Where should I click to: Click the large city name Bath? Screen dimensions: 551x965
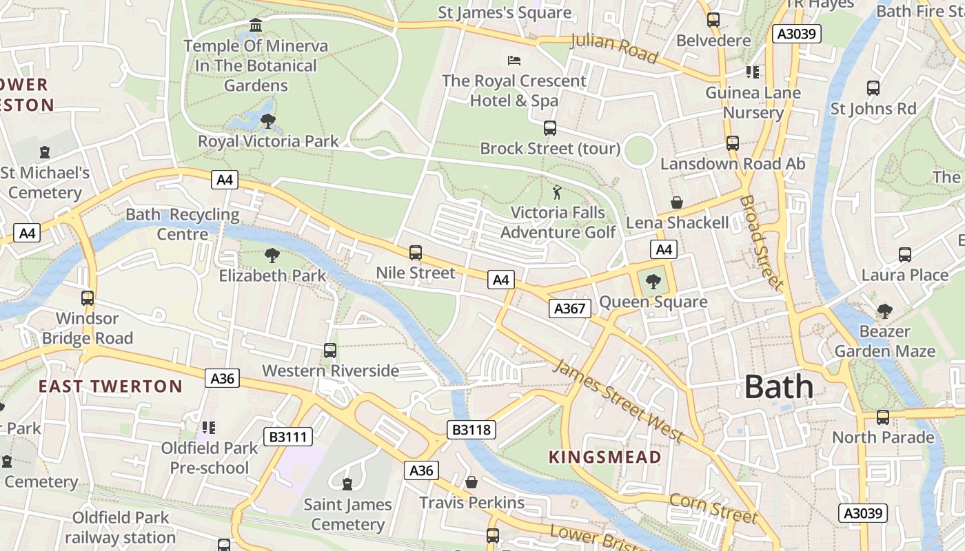tap(778, 387)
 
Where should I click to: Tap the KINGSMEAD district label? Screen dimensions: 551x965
tap(605, 457)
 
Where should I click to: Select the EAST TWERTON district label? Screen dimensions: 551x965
tap(110, 386)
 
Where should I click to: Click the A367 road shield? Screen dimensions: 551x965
tap(570, 309)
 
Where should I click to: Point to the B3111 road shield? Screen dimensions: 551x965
tap(288, 437)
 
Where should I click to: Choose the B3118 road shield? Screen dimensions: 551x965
tap(471, 430)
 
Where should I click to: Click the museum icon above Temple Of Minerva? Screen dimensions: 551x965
tap(256, 25)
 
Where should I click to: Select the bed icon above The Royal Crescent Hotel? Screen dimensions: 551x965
tap(514, 61)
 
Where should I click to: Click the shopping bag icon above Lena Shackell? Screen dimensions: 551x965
tap(677, 202)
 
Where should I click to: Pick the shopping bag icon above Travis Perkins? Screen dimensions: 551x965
tap(471, 482)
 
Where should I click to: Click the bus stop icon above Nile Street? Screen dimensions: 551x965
tap(415, 253)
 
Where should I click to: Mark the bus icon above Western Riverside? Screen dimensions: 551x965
tap(330, 351)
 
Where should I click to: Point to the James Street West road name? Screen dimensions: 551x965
tap(618, 401)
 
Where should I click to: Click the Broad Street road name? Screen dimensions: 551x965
tap(761, 242)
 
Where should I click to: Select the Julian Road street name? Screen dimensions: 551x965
tap(615, 48)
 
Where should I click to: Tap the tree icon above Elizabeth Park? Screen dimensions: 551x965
tap(272, 256)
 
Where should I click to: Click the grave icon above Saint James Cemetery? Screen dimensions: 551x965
tap(347, 484)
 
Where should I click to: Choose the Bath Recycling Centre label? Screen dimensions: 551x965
tap(182, 225)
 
